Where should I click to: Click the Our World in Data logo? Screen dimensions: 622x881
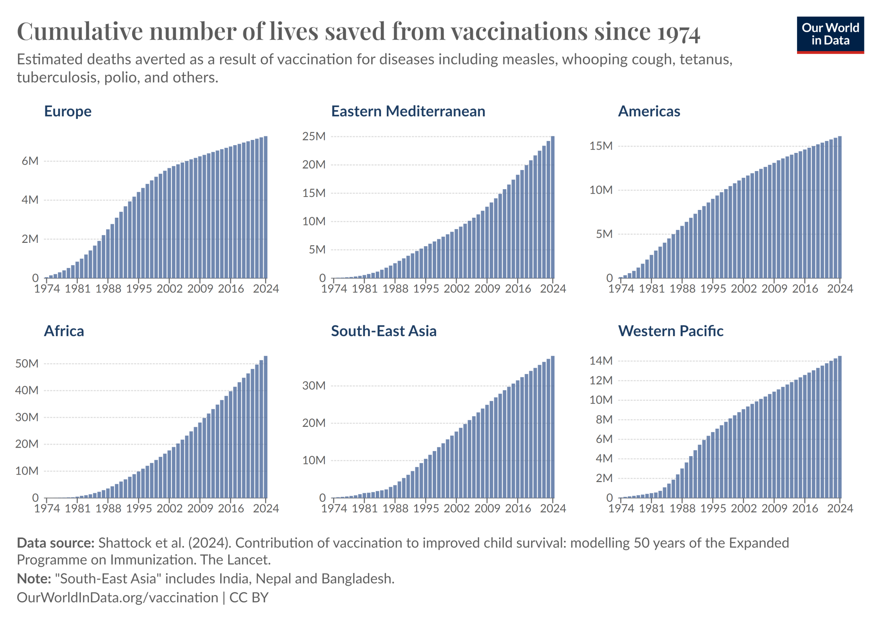[830, 34]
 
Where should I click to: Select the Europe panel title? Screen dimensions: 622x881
[68, 111]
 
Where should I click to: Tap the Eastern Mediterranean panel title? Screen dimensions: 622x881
[408, 111]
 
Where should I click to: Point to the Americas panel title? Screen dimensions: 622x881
[649, 111]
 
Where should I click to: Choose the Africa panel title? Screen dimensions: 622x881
[64, 331]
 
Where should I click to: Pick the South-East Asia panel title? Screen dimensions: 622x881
[384, 331]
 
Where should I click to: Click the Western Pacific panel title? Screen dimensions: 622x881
[671, 331]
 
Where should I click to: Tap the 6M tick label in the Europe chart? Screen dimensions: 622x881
[30, 161]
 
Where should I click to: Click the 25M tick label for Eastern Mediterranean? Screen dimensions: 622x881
[314, 137]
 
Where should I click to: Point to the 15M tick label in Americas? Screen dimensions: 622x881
[601, 146]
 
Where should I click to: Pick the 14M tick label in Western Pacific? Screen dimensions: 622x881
[601, 361]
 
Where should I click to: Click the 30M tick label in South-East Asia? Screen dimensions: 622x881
[314, 386]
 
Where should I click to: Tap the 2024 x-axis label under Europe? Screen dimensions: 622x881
[266, 289]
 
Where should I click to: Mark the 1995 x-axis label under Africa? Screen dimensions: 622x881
[139, 509]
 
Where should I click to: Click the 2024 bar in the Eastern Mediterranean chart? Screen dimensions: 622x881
[553, 207]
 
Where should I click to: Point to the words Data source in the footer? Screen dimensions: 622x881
[56, 544]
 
